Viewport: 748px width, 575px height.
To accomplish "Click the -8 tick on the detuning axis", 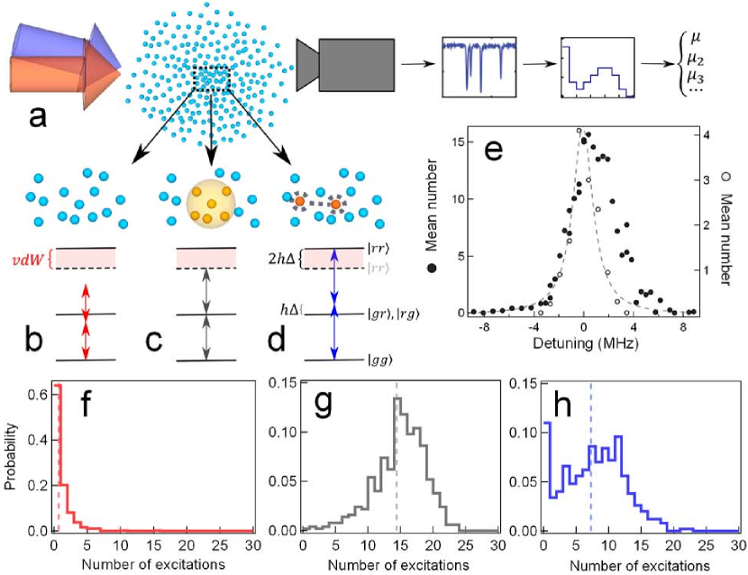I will click(x=482, y=326).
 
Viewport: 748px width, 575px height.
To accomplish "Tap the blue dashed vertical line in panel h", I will click(x=590, y=469).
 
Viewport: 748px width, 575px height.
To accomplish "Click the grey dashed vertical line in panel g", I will click(x=397, y=469).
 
